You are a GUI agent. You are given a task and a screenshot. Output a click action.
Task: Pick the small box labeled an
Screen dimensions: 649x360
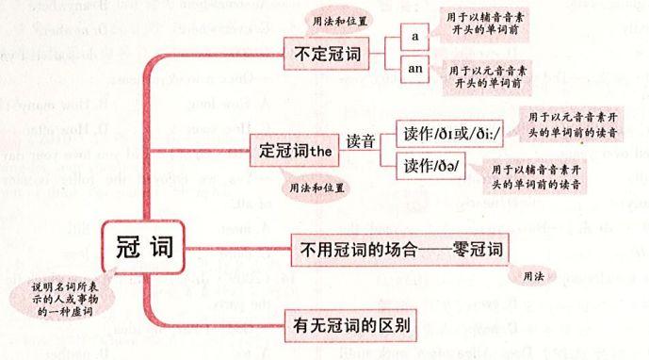pos(414,69)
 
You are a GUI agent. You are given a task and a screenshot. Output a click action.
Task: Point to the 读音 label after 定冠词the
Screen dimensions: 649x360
pos(361,142)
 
